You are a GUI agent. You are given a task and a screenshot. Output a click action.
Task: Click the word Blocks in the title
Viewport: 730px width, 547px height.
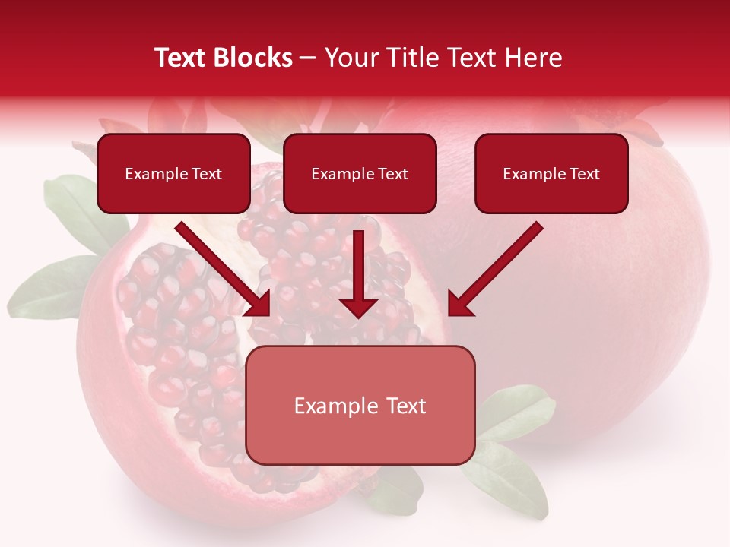coord(252,58)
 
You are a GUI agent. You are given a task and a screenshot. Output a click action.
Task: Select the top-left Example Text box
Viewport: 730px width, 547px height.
coord(173,174)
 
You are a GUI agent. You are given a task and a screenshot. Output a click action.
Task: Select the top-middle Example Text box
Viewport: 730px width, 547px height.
coord(360,174)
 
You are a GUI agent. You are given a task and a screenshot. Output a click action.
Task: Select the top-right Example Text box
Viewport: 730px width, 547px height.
coord(551,174)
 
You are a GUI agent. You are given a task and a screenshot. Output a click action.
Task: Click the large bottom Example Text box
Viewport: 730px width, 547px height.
coord(360,406)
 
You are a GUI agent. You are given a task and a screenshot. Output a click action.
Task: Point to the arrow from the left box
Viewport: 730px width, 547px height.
coord(221,266)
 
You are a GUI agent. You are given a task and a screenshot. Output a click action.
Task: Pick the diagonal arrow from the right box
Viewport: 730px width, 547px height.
coord(498,266)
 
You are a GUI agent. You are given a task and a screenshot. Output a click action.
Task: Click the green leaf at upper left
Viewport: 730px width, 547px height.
coord(72,205)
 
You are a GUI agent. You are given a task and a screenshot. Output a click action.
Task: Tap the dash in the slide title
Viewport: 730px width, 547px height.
coord(308,58)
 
